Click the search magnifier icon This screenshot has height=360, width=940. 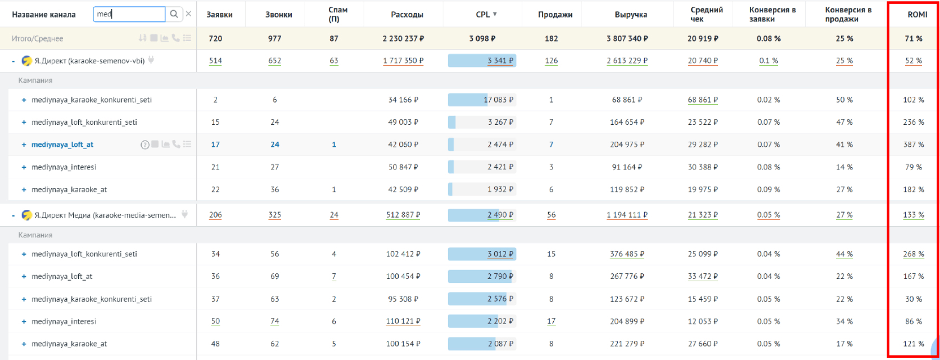click(x=174, y=14)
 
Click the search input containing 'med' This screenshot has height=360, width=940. click(x=129, y=14)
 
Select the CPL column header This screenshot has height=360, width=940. click(x=483, y=15)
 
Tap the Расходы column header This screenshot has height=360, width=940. click(x=406, y=15)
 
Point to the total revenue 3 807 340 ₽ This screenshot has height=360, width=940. click(x=627, y=39)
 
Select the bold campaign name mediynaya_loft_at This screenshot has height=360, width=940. click(x=62, y=145)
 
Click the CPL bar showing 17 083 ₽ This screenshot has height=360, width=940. click(x=482, y=100)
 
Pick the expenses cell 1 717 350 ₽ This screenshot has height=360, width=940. click(x=403, y=61)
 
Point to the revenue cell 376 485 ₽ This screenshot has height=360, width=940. click(x=627, y=254)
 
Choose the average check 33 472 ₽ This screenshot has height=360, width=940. click(x=703, y=277)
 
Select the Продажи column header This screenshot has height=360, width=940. click(x=555, y=15)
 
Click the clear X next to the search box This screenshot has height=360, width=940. click(x=188, y=14)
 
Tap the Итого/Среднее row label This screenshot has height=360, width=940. click(x=38, y=39)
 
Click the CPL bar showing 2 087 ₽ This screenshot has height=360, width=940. click(x=482, y=344)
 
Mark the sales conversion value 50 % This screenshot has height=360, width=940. click(x=844, y=100)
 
